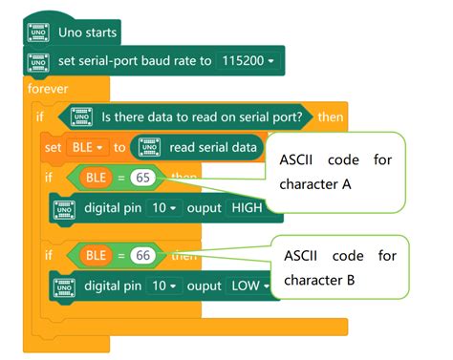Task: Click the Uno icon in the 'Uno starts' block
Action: click(x=38, y=32)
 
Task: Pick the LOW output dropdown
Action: click(x=251, y=285)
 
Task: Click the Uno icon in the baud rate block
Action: click(x=38, y=62)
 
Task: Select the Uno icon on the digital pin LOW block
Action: click(x=64, y=285)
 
